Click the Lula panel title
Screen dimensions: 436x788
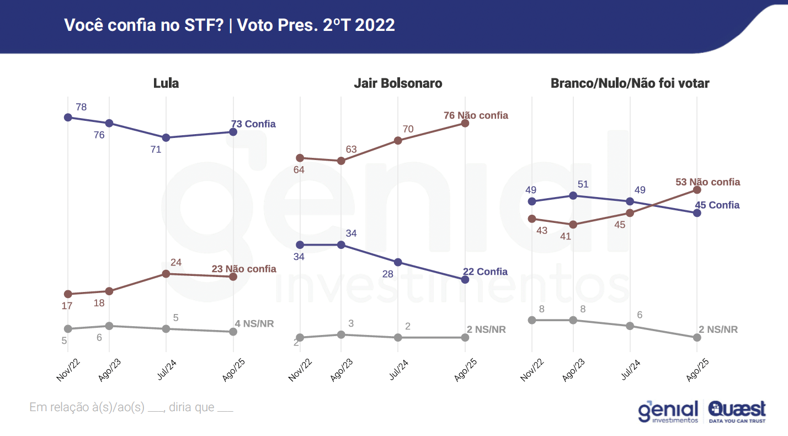pos(166,83)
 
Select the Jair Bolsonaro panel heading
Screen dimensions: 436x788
pos(398,83)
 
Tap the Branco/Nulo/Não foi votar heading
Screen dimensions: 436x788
pos(630,83)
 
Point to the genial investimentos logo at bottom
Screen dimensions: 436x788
pos(668,412)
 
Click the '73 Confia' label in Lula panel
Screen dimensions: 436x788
pos(253,124)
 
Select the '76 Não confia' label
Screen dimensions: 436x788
pos(476,115)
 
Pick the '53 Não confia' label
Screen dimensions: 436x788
pos(707,182)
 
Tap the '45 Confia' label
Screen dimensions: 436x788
pos(717,205)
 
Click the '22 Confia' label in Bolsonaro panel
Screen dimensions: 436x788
pos(484,272)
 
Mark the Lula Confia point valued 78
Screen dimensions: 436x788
pos(68,117)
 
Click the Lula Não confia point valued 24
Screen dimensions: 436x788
pos(166,274)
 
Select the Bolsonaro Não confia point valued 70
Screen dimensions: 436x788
pos(398,140)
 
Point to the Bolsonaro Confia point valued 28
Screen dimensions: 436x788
pos(398,262)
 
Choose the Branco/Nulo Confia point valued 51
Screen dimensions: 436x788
pos(573,195)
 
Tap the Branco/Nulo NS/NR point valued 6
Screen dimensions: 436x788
pos(630,326)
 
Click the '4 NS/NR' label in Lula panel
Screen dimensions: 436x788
pos(254,323)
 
